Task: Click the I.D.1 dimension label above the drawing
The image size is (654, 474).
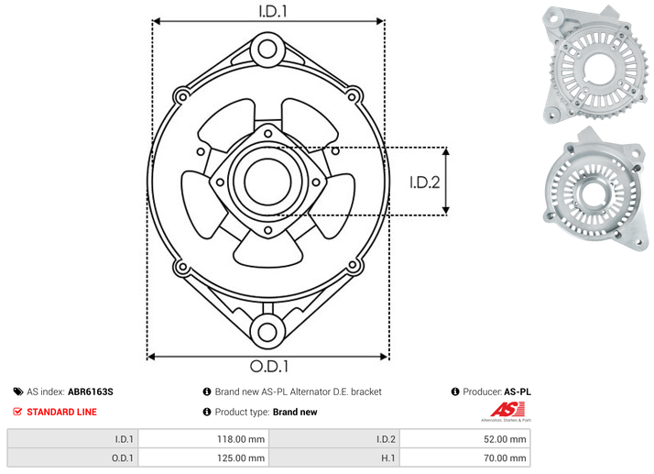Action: pos(273,11)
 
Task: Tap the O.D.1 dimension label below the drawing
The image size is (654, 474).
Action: pos(269,366)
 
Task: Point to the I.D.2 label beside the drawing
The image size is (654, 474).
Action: pos(425,182)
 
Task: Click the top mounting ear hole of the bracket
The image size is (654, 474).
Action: pos(267,50)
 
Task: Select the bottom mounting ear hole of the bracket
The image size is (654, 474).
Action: pos(267,332)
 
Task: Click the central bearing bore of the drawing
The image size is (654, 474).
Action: pos(267,182)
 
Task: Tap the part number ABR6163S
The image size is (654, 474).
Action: pos(91,391)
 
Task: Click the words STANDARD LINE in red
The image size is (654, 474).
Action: pos(61,412)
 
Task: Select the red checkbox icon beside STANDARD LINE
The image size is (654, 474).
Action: pos(17,412)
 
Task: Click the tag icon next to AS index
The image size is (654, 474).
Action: pos(18,391)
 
